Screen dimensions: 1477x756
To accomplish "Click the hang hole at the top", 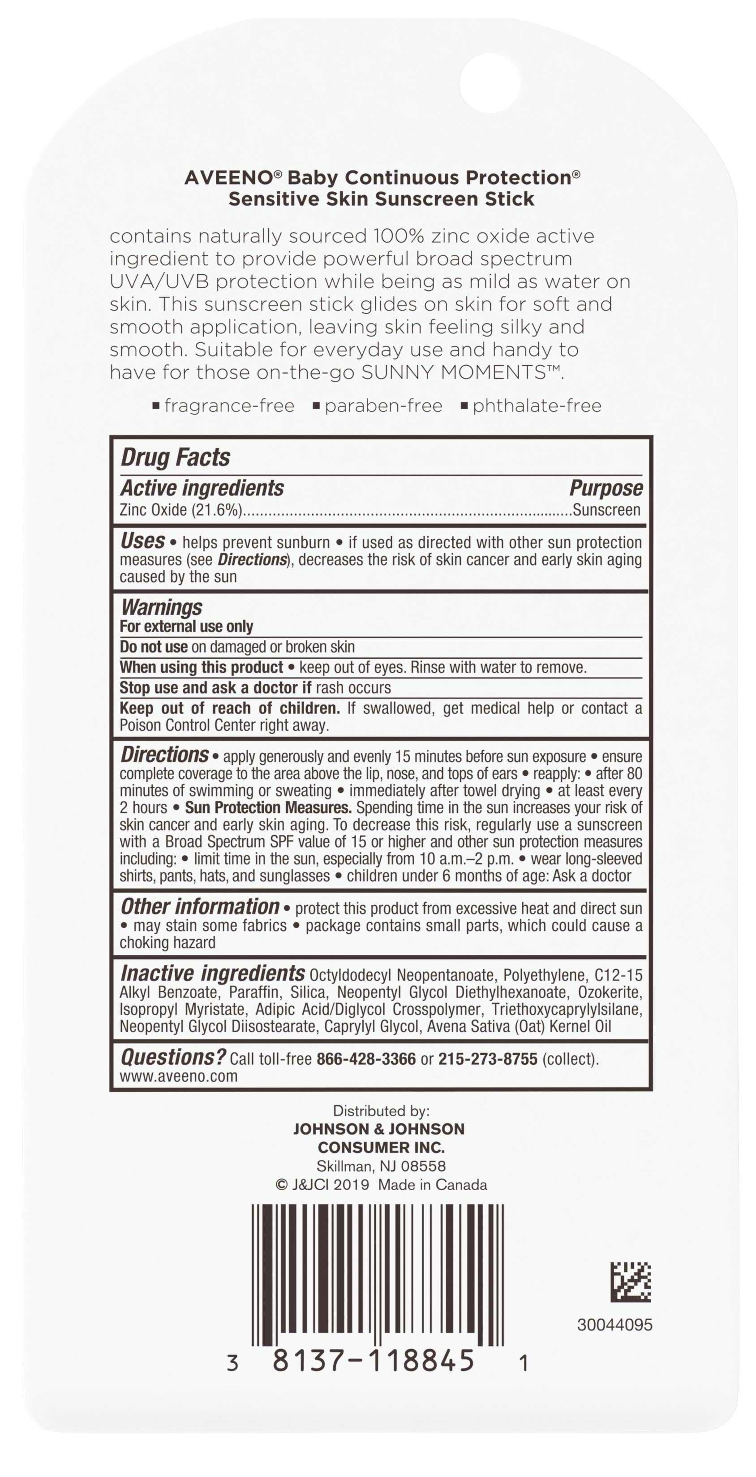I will coord(490,82).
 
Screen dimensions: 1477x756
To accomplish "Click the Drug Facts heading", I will coord(176,458).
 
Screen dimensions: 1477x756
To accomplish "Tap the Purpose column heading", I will coord(606,488).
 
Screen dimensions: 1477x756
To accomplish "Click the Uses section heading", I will coord(143,541).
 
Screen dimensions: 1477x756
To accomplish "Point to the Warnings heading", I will coord(162,607).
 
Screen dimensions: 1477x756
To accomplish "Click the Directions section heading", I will coord(164,755).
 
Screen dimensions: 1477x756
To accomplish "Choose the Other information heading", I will coord(200,907).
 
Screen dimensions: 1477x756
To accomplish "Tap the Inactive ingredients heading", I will coord(213,974).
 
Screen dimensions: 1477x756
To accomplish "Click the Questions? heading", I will coord(173,1057).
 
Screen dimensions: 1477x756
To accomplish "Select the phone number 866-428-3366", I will coord(366,1059).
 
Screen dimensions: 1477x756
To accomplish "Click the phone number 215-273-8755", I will coord(488,1059).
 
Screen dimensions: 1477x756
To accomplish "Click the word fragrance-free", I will coord(229,406).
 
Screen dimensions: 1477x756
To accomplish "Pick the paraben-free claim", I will coord(383,406).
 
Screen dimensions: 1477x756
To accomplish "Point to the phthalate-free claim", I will coord(537,406).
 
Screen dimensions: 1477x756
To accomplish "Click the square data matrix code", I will coord(631,1282).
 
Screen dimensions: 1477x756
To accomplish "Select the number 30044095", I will coord(614,1325).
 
